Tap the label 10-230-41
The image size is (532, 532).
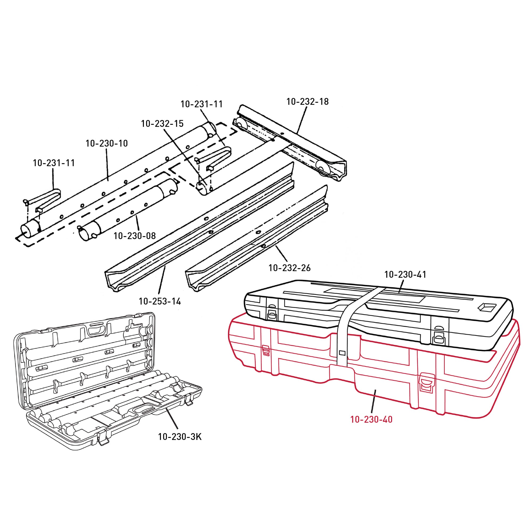pos(405,275)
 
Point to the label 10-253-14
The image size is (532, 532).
pos(160,302)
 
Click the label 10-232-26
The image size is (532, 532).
pos(289,268)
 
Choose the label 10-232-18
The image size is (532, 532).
pos(307,102)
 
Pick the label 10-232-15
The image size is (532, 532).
pos(162,124)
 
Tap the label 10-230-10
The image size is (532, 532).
pos(107,143)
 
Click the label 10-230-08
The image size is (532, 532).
pos(135,236)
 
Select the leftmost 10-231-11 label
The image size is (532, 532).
pos(54,163)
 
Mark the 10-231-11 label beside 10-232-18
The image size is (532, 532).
pos(201,104)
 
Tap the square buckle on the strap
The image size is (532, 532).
pos(342,352)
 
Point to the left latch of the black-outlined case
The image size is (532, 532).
pos(272,311)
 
